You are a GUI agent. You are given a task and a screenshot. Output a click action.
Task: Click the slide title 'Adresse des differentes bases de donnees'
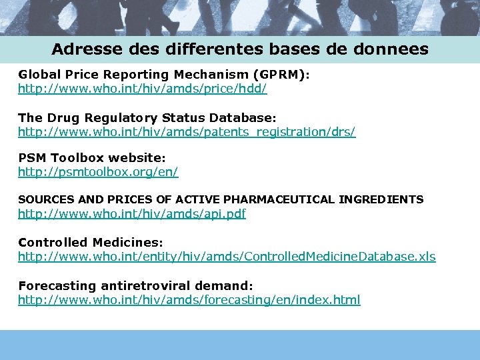pos(240,49)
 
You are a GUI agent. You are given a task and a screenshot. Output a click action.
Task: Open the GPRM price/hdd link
pos(142,88)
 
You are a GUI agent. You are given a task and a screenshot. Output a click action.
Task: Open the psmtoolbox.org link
pos(98,171)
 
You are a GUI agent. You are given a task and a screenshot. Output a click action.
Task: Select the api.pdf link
pos(132,214)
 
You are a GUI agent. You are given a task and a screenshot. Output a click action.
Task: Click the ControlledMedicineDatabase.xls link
pos(227,257)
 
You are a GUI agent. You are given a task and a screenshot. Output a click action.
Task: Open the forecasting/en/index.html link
pos(189,299)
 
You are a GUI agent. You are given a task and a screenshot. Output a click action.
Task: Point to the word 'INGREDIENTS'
pos(381,199)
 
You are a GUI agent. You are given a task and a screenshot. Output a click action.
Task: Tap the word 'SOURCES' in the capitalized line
pos(41,199)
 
